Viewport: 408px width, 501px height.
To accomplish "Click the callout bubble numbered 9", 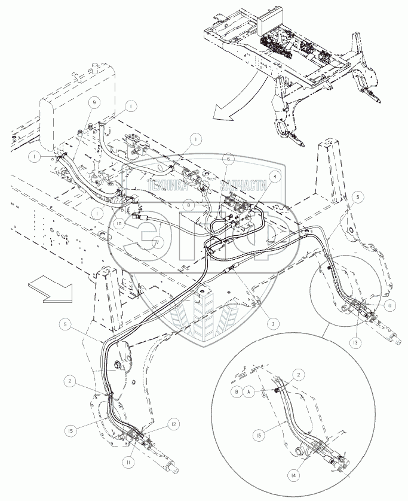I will tap(92, 102).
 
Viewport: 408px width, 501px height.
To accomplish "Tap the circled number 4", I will tap(274, 177).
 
